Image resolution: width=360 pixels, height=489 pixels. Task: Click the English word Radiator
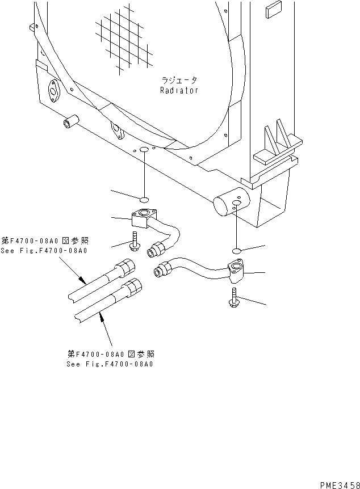[179, 91]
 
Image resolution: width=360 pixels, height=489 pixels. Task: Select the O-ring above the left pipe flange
[144, 199]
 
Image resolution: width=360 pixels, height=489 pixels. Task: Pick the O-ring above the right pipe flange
[237, 250]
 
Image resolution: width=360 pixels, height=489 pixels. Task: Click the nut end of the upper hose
[125, 267]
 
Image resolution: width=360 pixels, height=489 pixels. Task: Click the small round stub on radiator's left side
[70, 123]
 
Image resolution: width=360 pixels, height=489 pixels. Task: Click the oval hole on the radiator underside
[144, 150]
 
